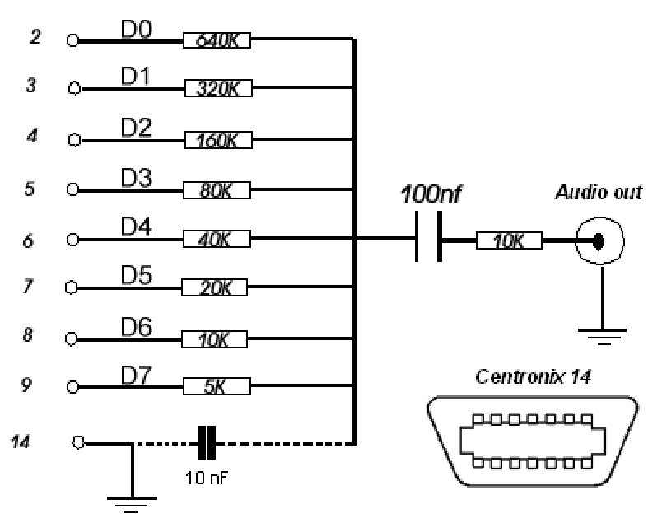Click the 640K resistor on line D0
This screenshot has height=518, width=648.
(x=217, y=40)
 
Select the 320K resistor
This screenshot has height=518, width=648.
(x=218, y=88)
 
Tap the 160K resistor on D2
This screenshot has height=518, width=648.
(x=218, y=140)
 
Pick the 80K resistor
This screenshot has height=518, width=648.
(x=217, y=190)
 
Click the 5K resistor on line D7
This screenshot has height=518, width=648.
(x=217, y=386)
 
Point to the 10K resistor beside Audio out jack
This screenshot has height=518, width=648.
(x=509, y=240)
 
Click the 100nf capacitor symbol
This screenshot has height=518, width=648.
(x=428, y=236)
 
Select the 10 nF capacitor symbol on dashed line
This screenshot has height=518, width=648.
(x=206, y=443)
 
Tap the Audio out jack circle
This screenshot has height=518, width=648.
(x=600, y=240)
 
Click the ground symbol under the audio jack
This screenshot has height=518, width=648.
(x=603, y=337)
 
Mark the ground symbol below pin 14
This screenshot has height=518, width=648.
(x=132, y=504)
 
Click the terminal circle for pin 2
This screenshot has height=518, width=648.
(x=72, y=40)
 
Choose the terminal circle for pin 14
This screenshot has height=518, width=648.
(x=78, y=443)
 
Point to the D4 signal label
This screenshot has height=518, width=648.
(x=137, y=226)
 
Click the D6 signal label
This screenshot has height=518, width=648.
(x=137, y=327)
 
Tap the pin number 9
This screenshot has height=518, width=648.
(x=26, y=384)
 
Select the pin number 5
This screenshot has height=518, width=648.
(x=30, y=189)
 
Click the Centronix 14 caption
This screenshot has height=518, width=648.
(x=533, y=376)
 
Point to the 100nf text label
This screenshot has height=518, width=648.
(x=431, y=194)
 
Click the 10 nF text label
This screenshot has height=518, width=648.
(x=207, y=478)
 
